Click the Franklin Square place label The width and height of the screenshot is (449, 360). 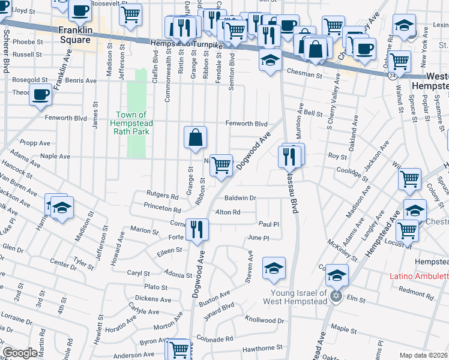(x=74, y=35)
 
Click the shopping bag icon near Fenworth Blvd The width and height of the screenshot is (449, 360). (x=196, y=137)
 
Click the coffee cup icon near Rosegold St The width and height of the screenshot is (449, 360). (x=41, y=95)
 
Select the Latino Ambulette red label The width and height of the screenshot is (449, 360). (x=419, y=276)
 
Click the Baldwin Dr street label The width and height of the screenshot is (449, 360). (x=240, y=198)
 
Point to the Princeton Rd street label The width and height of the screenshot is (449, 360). (x=162, y=210)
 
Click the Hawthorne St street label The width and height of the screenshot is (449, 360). (x=262, y=348)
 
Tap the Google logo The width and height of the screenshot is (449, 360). (x=20, y=353)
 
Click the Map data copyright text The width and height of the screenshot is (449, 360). (x=424, y=355)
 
